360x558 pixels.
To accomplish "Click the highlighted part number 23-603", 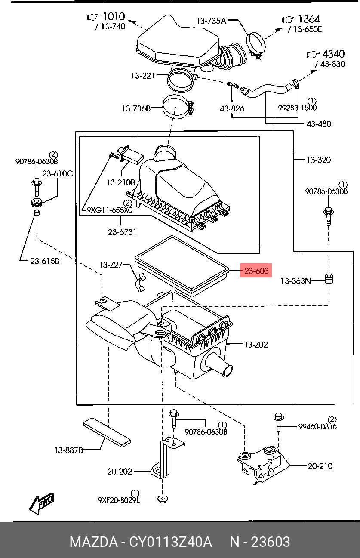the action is (x=256, y=271).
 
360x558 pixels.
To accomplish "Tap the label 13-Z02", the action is (x=255, y=345).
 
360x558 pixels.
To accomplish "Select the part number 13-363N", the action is (x=295, y=281).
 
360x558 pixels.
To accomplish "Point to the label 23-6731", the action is (x=122, y=232).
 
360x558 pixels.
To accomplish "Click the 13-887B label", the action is (x=69, y=450).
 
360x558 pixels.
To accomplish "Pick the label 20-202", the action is (x=120, y=472).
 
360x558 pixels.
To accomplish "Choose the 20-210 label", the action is (x=320, y=466).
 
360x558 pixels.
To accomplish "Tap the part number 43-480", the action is (x=319, y=124).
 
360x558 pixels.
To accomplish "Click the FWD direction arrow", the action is (x=41, y=502).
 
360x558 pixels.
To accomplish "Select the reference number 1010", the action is (x=114, y=16).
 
